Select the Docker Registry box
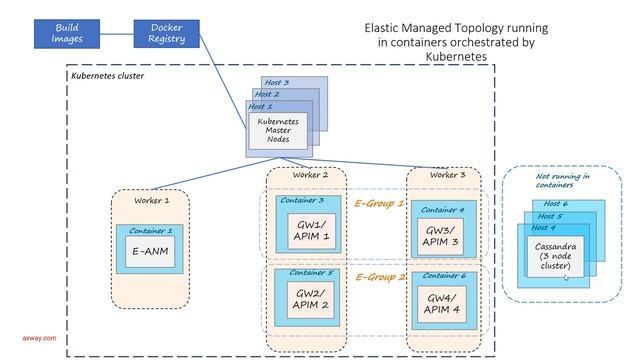[x=166, y=31]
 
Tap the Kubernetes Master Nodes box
[x=278, y=130]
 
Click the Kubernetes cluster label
[x=109, y=76]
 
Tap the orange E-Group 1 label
[x=379, y=202]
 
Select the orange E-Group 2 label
[x=379, y=277]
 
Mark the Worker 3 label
[x=440, y=175]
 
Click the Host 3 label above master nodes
[x=277, y=82]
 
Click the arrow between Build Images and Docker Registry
[x=118, y=31]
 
